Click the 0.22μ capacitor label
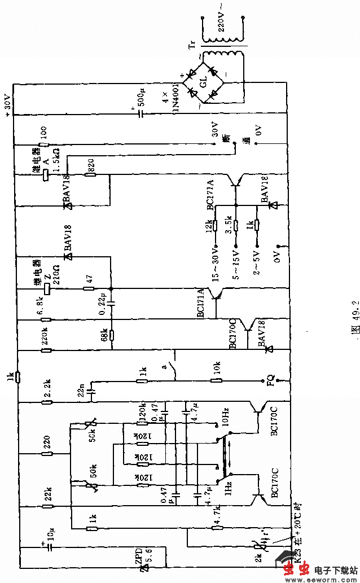pyautogui.click(x=103, y=304)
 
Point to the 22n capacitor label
pyautogui.click(x=82, y=389)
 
